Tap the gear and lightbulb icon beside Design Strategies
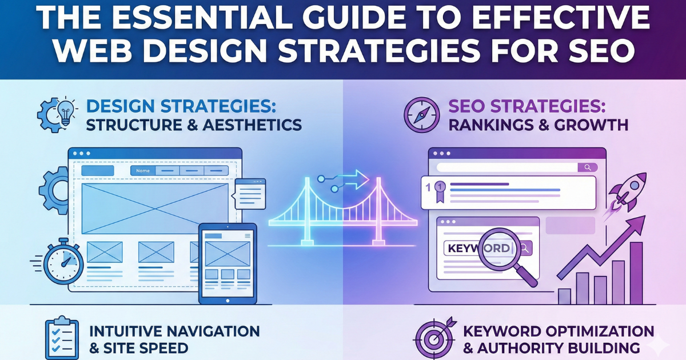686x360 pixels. click(57, 114)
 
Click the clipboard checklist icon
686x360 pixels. click(61, 338)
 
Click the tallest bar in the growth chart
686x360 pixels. click(635, 273)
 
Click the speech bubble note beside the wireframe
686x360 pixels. click(250, 193)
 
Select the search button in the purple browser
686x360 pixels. click(587, 167)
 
